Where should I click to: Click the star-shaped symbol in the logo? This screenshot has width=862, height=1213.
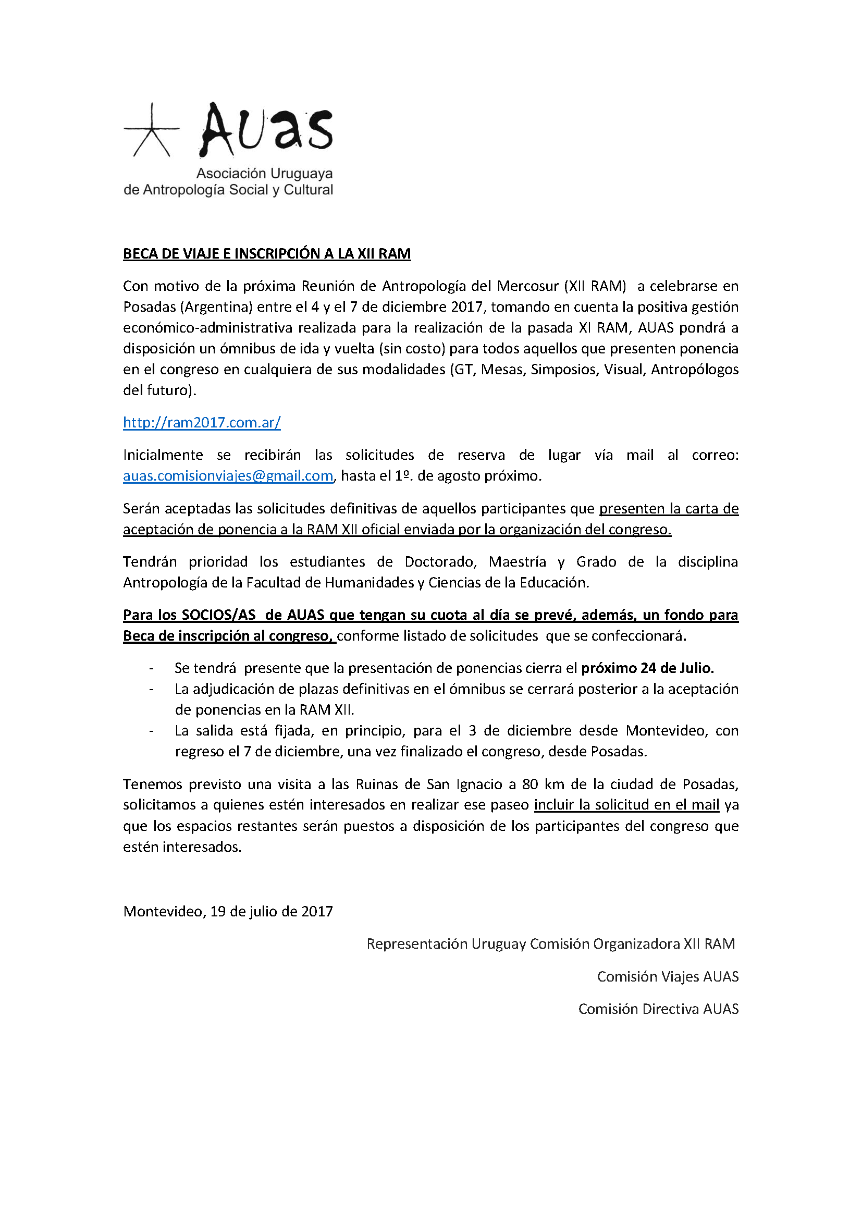(x=151, y=131)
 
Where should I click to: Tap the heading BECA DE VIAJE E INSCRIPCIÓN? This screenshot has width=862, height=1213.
(x=266, y=254)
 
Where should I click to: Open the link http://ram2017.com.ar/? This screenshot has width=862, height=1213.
(x=202, y=423)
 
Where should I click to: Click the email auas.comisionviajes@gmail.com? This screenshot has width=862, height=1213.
(x=228, y=475)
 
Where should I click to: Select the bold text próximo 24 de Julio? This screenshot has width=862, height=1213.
(x=647, y=668)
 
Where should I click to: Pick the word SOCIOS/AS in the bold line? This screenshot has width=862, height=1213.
(x=219, y=615)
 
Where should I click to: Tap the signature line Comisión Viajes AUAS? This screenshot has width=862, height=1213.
(x=667, y=976)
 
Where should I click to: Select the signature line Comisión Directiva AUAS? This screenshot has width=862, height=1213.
(x=658, y=1009)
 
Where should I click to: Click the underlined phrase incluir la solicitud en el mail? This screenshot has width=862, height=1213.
(x=626, y=805)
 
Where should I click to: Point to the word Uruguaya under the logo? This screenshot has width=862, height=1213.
(x=301, y=174)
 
